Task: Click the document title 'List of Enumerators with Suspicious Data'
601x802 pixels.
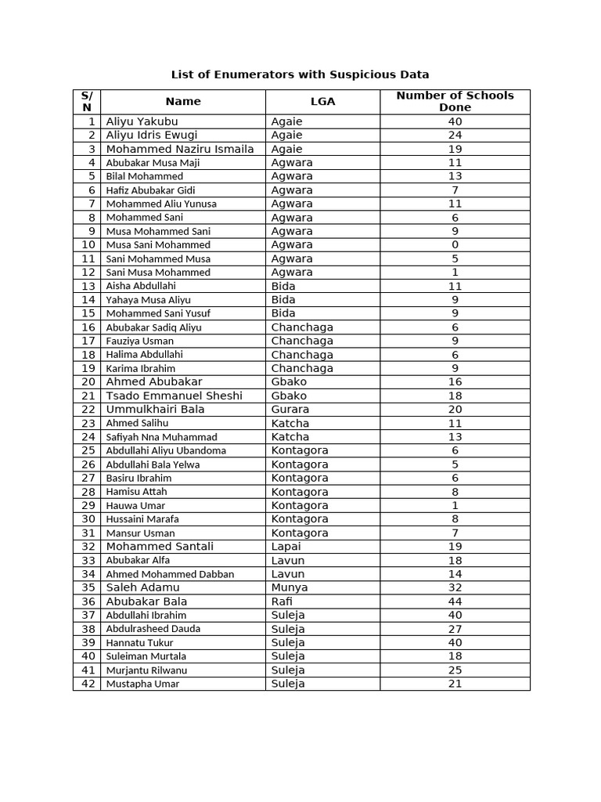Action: [x=300, y=74]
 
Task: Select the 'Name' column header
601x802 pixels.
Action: [x=183, y=101]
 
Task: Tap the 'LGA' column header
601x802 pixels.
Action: [x=322, y=101]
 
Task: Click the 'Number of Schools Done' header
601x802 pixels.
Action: [x=455, y=101]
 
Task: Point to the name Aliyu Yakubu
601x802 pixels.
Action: [x=142, y=121]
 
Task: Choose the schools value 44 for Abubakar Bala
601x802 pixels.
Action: [x=455, y=601]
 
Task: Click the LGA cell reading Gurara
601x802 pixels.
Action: [x=290, y=410]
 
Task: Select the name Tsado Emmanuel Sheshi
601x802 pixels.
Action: [x=174, y=396]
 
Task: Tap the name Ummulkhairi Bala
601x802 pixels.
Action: [x=155, y=410]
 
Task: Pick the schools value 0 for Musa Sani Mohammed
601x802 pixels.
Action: [x=455, y=245]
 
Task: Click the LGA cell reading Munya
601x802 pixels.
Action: [x=289, y=587]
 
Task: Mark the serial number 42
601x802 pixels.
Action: [x=88, y=684]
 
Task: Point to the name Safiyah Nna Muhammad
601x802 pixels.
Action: [x=161, y=437]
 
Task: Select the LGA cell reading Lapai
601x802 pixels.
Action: [x=286, y=547]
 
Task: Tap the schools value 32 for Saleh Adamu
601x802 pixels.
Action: [x=455, y=587]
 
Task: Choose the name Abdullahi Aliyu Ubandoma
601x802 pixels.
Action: [x=166, y=450]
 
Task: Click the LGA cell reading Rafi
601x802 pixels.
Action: [x=282, y=601]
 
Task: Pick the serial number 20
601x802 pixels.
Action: [x=88, y=382]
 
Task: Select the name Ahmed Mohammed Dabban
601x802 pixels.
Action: [x=170, y=574]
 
